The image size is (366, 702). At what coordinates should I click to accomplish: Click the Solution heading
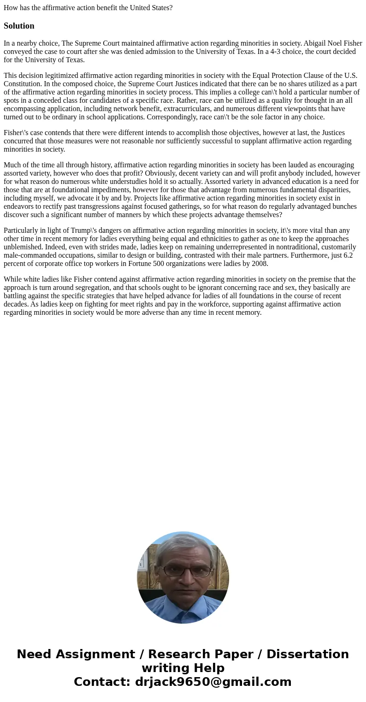(19, 26)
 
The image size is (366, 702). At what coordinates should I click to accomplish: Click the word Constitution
(23, 84)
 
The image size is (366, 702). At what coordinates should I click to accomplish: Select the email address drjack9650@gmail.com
(213, 682)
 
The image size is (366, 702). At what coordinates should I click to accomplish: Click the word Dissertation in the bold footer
(307, 655)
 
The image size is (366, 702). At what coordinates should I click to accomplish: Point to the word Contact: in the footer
(102, 682)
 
